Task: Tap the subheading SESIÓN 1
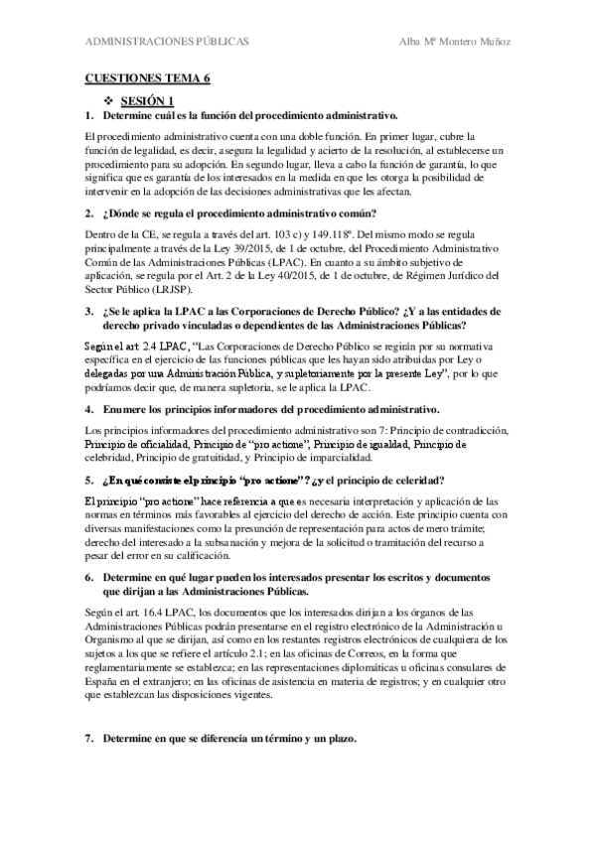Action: pos(146,101)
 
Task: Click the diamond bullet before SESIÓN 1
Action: pos(109,101)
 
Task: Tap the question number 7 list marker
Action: pos(88,740)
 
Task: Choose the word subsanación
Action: pos(230,542)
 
